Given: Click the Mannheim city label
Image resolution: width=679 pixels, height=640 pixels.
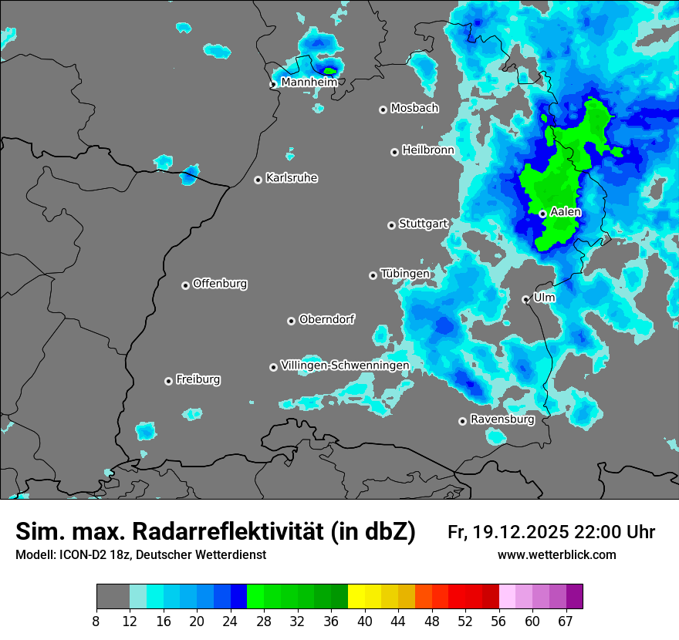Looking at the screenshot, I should [x=309, y=82].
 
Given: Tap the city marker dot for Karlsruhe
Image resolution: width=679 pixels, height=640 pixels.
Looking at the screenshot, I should [x=258, y=180].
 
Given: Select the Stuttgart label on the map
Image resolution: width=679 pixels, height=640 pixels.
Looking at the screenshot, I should [x=423, y=224].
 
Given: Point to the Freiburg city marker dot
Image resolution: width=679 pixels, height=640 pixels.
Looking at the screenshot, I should [x=168, y=381].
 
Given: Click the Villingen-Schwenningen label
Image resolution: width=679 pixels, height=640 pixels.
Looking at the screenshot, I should [x=345, y=365].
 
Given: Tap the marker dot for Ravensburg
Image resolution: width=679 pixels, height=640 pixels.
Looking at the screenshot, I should [x=462, y=421].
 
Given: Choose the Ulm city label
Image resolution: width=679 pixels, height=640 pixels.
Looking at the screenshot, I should [x=544, y=297].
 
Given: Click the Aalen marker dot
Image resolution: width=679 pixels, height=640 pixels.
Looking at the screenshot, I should [x=542, y=214].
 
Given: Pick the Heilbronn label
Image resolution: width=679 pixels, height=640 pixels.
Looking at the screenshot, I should [x=428, y=150].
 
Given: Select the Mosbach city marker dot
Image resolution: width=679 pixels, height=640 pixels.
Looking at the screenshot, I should [x=383, y=109].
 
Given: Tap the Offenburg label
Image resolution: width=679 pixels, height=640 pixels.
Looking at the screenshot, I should [x=220, y=283].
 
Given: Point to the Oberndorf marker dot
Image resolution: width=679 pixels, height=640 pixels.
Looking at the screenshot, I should [x=291, y=321].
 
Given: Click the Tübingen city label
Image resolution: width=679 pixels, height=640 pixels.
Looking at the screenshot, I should [x=405, y=273].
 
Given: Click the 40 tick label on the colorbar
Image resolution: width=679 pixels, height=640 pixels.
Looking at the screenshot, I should [x=365, y=621].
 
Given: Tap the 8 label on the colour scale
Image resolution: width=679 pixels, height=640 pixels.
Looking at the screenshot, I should [x=96, y=621].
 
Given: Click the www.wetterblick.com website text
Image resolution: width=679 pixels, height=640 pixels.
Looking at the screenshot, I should [x=557, y=555].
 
